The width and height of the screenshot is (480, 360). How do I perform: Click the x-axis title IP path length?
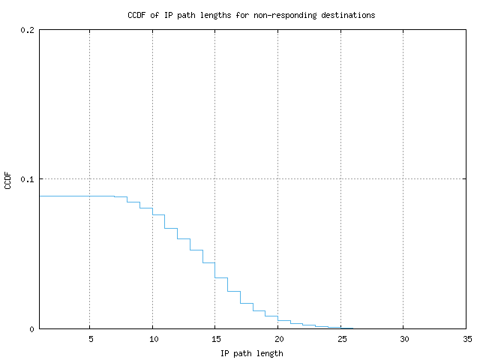pos(252,353)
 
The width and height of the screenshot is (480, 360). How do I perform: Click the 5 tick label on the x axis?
pos(90,338)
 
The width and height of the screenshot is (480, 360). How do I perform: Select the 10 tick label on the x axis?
pos(152,338)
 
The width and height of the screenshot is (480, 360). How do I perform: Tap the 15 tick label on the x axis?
pos(215,338)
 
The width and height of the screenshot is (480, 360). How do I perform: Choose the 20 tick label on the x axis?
pos(277,338)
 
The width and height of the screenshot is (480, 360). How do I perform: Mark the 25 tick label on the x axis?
pos(340,338)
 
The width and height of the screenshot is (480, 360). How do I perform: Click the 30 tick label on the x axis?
pos(403,338)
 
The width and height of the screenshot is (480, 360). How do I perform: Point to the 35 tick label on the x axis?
pos(466,338)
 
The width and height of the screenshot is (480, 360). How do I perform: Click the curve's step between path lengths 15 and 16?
pos(221,277)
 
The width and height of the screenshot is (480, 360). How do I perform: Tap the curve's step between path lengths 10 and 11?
pos(159,214)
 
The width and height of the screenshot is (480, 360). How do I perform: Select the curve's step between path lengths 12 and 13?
pos(184,238)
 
